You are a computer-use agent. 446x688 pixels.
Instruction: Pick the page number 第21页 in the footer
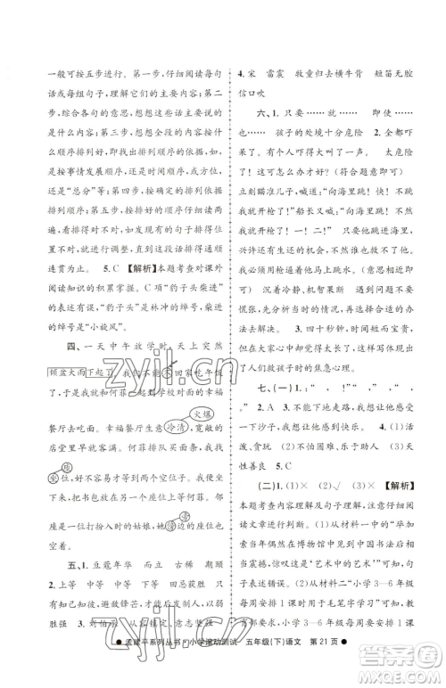point(365,670)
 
